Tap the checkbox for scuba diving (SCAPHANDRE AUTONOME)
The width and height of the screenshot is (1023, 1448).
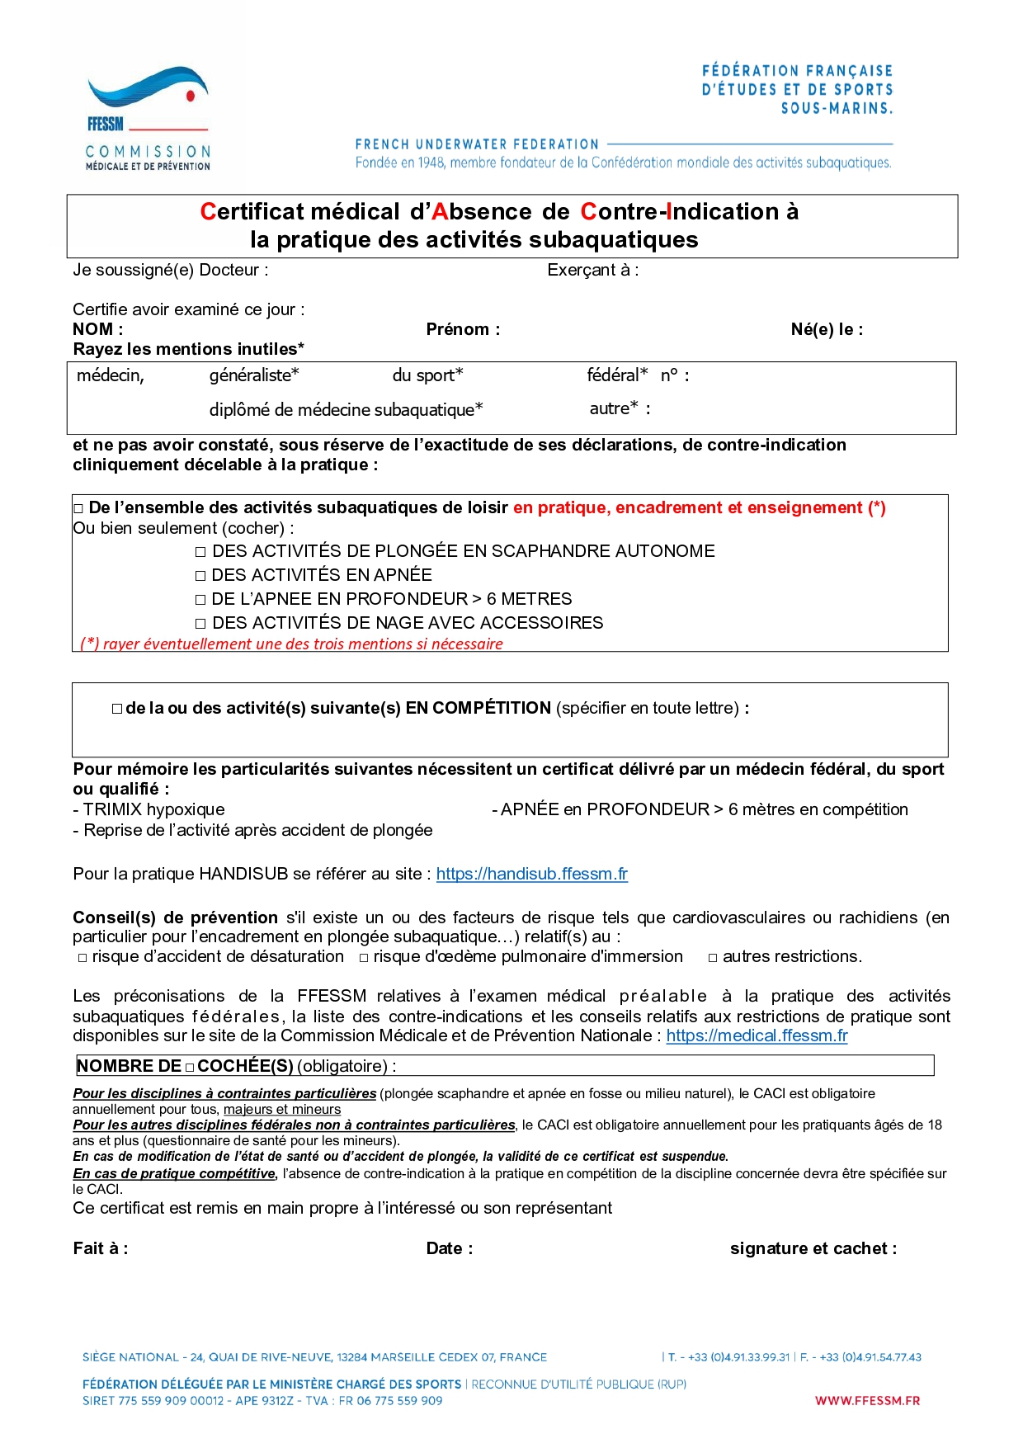200,552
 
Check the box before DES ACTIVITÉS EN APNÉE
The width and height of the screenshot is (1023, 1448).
200,576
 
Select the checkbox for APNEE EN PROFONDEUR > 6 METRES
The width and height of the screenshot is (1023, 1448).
200,600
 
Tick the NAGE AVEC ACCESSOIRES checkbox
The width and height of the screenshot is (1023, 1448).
200,624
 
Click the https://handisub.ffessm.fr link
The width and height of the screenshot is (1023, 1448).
531,874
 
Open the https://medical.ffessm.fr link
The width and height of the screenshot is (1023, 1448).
757,1035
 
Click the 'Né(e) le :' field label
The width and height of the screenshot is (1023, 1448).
827,330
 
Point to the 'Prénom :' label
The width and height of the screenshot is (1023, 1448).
463,330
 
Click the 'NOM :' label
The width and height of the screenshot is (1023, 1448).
97,330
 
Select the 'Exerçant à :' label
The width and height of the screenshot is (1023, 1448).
592,271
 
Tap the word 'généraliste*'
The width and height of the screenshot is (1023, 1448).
254,375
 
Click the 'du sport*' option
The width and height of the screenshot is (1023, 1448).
427,375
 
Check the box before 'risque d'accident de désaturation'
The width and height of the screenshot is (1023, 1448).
82,958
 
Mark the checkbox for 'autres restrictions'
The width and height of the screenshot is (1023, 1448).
713,958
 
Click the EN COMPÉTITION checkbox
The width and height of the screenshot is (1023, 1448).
117,709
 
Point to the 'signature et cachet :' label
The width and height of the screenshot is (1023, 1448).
813,1249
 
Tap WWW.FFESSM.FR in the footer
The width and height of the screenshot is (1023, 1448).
867,1401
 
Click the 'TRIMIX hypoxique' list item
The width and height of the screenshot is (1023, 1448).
153,810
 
